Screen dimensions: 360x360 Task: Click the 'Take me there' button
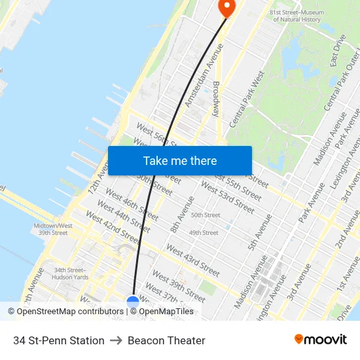(x=180, y=160)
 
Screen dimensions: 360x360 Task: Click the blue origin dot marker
(x=133, y=302)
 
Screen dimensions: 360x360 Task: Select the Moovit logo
(x=320, y=340)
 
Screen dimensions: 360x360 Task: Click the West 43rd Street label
(x=193, y=260)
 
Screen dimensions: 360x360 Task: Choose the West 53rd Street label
(x=227, y=197)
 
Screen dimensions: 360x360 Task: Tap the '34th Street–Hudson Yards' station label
(x=71, y=273)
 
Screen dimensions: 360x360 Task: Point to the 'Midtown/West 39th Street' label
(x=53, y=229)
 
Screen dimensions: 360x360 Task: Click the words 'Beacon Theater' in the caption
(x=166, y=340)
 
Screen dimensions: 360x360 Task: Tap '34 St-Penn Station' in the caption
(x=59, y=340)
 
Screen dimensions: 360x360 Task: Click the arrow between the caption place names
(x=116, y=340)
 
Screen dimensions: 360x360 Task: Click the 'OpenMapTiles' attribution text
(x=166, y=312)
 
